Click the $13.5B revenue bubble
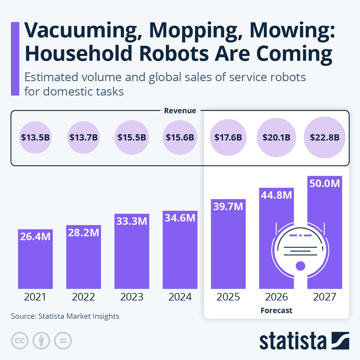point(35,137)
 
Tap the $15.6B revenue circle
point(180,137)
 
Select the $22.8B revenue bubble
point(324,137)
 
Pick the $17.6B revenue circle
point(228,137)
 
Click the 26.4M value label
point(35,236)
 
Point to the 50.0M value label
point(324,183)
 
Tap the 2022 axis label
point(83,297)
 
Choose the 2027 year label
point(324,297)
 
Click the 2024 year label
point(180,297)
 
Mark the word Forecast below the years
point(276,310)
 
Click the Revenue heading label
point(180,111)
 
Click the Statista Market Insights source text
point(65,316)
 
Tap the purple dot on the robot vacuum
point(300,265)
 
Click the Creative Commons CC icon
point(20,340)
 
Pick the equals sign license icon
point(63,340)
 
